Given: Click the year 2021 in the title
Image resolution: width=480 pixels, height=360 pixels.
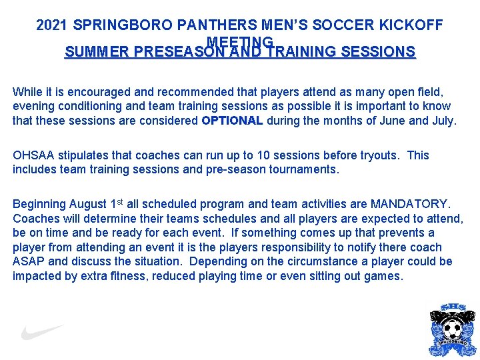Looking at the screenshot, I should (53, 25).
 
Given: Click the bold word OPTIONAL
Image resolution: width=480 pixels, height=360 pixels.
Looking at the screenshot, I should (233, 121).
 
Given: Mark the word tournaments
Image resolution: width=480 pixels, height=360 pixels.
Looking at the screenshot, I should (304, 169).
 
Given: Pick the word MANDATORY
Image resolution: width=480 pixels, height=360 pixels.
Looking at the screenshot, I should (409, 203).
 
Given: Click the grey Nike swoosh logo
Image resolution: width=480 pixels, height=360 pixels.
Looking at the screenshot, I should (42, 331).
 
